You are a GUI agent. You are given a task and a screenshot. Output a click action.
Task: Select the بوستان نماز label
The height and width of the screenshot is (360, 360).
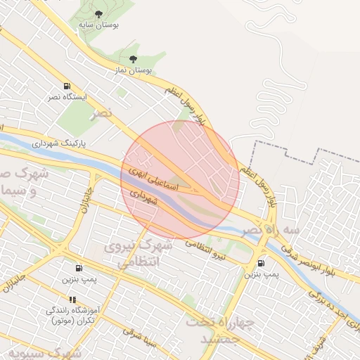(x=132, y=70)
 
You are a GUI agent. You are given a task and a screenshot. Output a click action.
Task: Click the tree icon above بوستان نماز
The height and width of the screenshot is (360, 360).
(x=133, y=60)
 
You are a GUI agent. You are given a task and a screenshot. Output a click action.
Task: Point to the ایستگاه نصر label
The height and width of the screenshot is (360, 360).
(x=67, y=96)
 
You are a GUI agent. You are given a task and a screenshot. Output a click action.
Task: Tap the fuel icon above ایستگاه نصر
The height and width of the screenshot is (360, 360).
(x=67, y=86)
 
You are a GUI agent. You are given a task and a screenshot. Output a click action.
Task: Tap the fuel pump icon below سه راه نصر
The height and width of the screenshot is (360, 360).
(x=262, y=263)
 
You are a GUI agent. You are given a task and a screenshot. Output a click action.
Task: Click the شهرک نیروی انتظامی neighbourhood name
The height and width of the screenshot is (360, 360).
(x=138, y=254)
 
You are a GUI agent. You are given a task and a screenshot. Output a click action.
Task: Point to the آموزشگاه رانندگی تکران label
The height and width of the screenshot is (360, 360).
(x=73, y=314)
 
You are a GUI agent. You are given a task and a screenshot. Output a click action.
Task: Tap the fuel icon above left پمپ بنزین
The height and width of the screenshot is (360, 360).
(x=77, y=268)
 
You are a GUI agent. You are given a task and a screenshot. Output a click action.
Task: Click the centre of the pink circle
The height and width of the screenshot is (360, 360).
(x=180, y=180)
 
